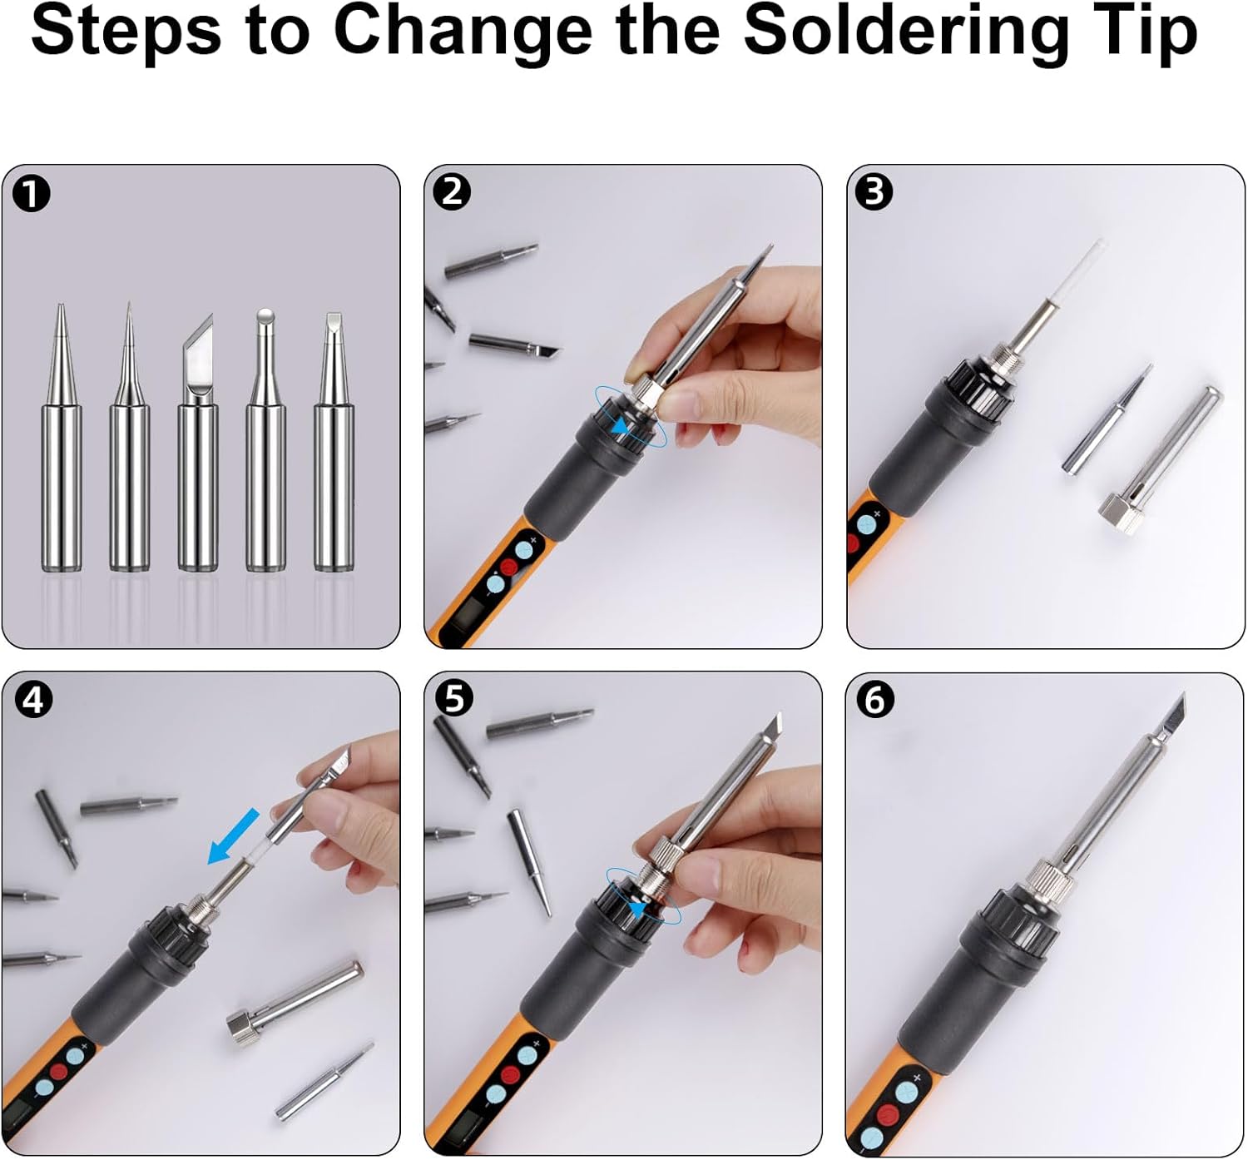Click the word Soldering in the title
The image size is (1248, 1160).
click(x=905, y=32)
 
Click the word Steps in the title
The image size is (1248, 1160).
click(x=125, y=32)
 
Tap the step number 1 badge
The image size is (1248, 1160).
click(x=32, y=195)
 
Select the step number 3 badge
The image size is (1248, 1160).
click(x=874, y=192)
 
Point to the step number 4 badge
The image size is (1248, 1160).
click(x=32, y=700)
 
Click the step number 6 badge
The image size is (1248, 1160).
click(x=875, y=700)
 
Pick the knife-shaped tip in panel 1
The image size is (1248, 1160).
click(x=197, y=441)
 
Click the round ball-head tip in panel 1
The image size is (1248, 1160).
click(x=265, y=441)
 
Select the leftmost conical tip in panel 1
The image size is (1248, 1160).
click(x=62, y=441)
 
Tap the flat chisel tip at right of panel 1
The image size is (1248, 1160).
click(x=334, y=441)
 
